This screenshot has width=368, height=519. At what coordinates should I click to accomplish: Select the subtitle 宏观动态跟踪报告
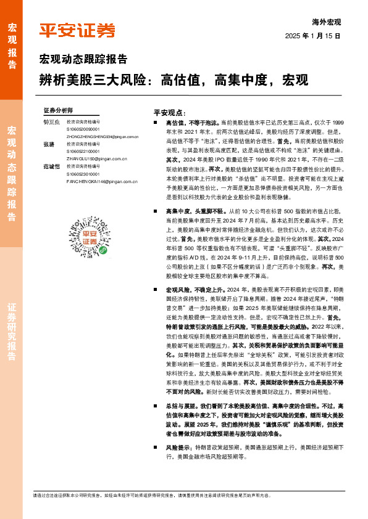coord(83,60)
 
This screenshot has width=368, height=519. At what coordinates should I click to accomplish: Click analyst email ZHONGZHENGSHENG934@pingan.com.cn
coord(98,137)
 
